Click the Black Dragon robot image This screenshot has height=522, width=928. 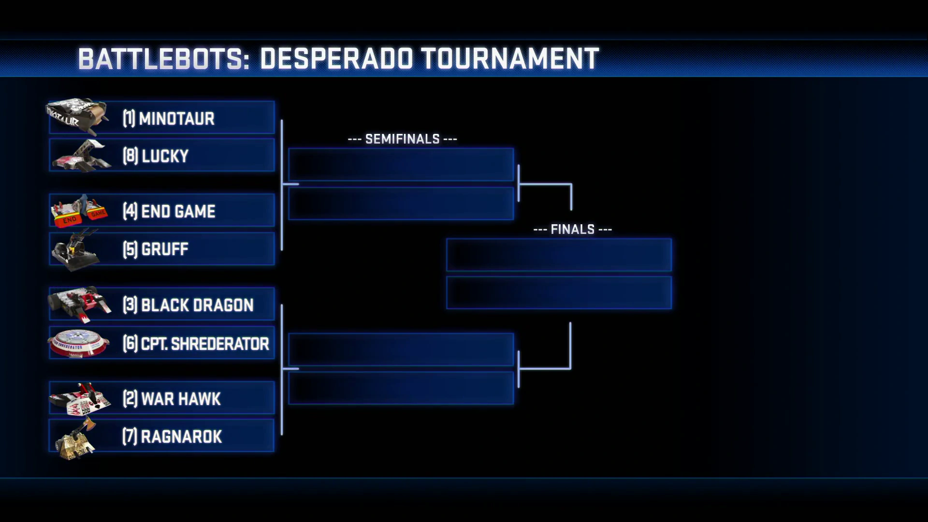point(80,304)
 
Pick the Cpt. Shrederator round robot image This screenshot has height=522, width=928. point(78,343)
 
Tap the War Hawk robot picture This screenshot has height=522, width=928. point(80,399)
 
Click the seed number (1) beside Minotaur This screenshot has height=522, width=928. point(129,118)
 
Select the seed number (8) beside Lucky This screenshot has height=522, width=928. point(130,156)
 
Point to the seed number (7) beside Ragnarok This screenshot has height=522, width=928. point(130,436)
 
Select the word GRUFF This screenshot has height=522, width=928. point(165,249)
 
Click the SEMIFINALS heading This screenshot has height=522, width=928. point(402,139)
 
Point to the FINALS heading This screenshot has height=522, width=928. point(573,230)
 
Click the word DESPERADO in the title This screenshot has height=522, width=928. point(336,59)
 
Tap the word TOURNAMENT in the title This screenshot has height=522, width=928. point(510,59)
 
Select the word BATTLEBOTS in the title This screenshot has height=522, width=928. point(160,59)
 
